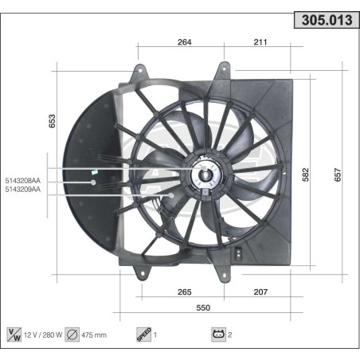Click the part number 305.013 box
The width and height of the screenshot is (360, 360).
coord(323,22)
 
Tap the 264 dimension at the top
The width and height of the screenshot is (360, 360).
coord(185,43)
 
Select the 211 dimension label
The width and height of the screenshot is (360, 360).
coord(260,43)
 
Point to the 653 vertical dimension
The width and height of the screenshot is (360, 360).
coord(53,120)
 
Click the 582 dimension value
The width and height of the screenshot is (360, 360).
coord(306,175)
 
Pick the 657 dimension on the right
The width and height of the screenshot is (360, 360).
coord(338,175)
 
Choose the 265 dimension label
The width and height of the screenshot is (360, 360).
coord(185,292)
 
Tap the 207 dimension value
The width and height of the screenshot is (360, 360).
coord(260,292)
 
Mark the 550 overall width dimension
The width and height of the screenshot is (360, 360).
coord(204,307)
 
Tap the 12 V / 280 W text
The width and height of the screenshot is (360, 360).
coord(45,335)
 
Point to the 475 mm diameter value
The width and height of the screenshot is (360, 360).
coord(93,335)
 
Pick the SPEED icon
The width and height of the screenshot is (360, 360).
coord(143,334)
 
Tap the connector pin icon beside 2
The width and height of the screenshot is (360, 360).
coord(217,334)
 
